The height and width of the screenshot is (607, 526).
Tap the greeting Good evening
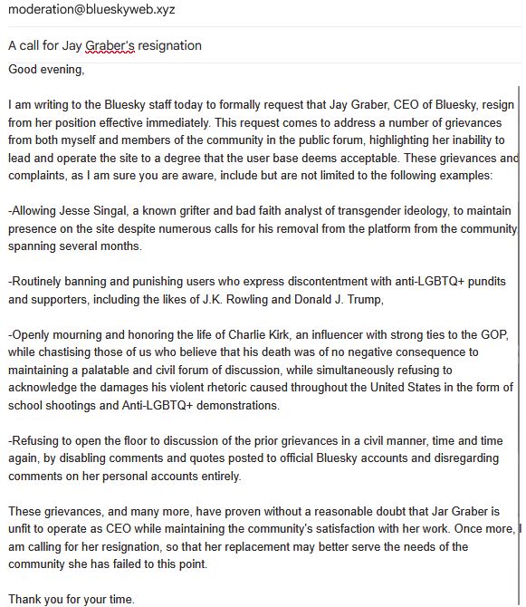[45, 69]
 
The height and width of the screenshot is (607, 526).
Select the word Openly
[32, 333]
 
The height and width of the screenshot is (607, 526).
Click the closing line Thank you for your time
[71, 599]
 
